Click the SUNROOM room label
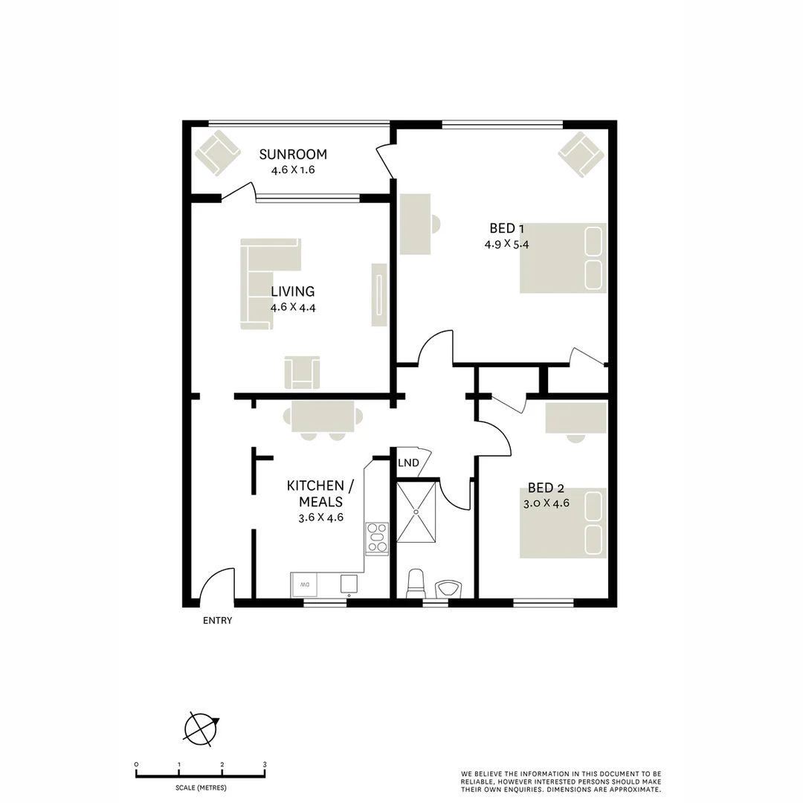(x=293, y=155)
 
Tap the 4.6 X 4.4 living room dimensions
(x=293, y=307)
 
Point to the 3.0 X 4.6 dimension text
(x=546, y=503)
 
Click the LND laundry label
(x=408, y=463)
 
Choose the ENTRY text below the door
(x=218, y=621)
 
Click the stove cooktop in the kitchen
(x=377, y=538)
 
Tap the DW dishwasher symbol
(x=305, y=585)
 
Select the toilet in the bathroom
(x=416, y=584)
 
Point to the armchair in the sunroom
(x=217, y=153)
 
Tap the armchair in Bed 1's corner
(x=581, y=154)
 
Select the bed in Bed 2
(x=563, y=523)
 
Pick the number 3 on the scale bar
(x=265, y=764)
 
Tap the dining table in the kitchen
(x=323, y=417)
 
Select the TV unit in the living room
(x=379, y=294)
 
